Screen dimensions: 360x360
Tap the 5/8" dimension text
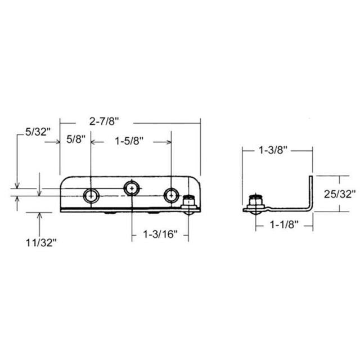click(75, 139)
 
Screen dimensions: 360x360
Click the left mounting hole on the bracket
click(90, 195)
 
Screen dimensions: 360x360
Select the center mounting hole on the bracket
click(131, 187)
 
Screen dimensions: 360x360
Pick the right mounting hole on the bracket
click(170, 195)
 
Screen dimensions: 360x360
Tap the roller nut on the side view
click(256, 202)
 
